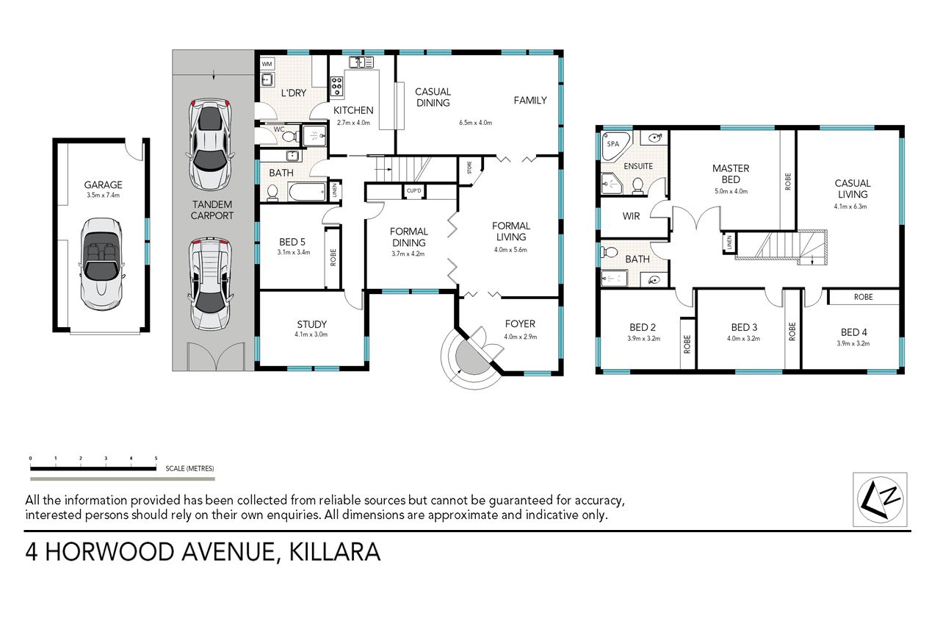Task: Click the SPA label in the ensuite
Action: coord(613,143)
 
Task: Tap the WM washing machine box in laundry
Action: coord(267,64)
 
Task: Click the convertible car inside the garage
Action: coord(101,264)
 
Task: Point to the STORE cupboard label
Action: coord(469,167)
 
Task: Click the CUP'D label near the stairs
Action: coord(413,190)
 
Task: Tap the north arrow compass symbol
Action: coord(880,499)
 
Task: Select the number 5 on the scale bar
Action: coord(156,458)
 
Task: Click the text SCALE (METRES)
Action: coord(189,468)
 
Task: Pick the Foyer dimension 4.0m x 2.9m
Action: coord(521,337)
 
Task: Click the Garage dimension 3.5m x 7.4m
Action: coord(104,195)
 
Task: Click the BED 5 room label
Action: coord(292,242)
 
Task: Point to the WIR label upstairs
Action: coord(631,216)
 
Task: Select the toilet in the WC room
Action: coord(290,136)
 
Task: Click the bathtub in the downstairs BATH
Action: coord(307,193)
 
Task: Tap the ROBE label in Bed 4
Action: coord(863,297)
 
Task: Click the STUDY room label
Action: coord(312,324)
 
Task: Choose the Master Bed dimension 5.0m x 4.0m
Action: coord(731,191)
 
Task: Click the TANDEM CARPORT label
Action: coord(212,210)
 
